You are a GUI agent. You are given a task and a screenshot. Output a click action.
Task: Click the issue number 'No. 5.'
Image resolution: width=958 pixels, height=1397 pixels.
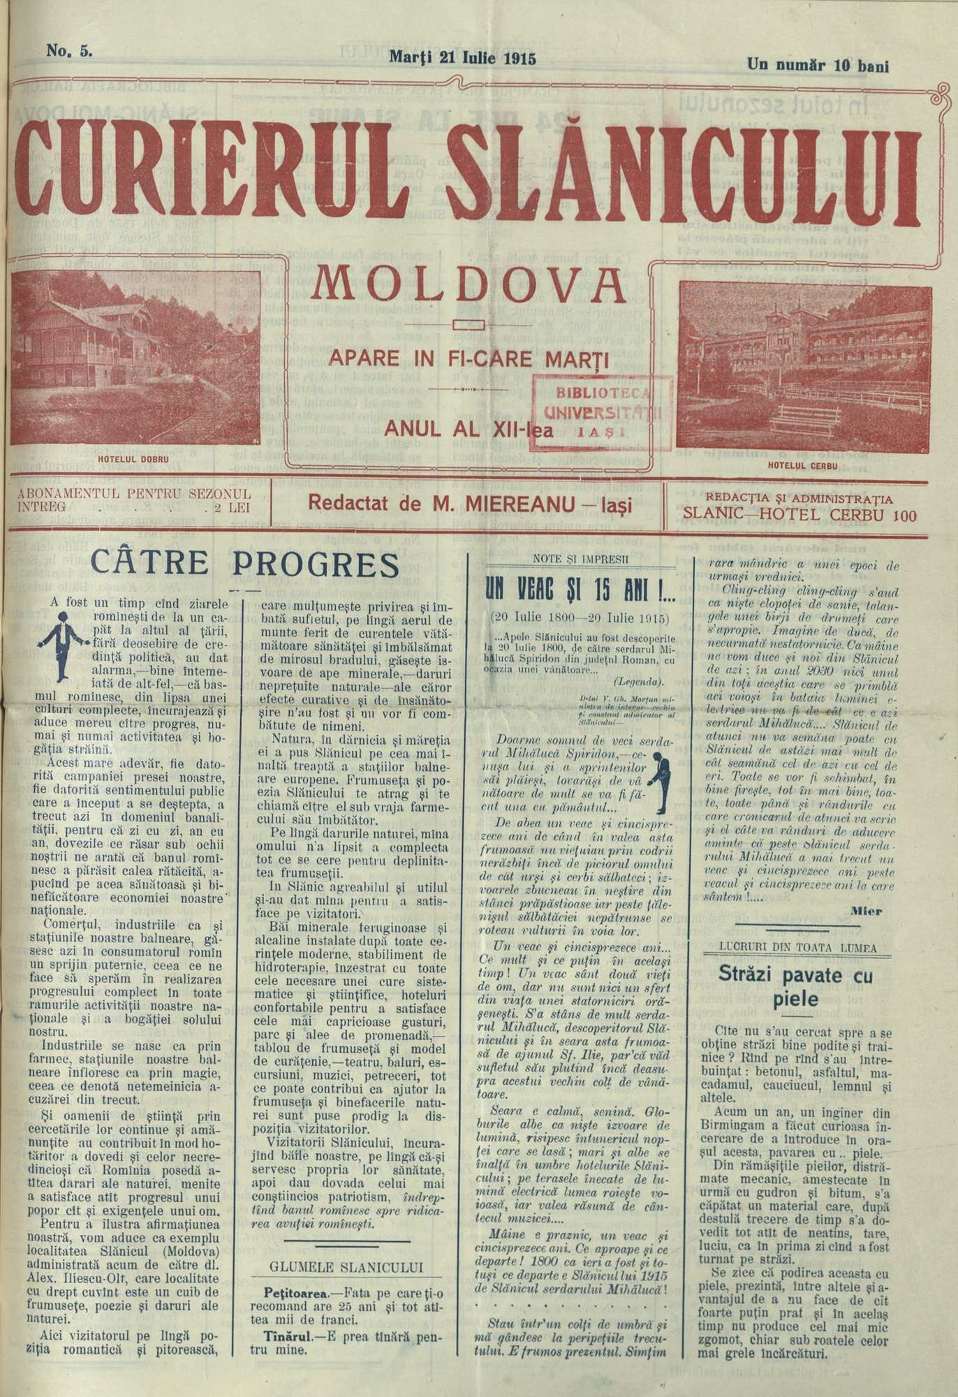coord(69,50)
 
